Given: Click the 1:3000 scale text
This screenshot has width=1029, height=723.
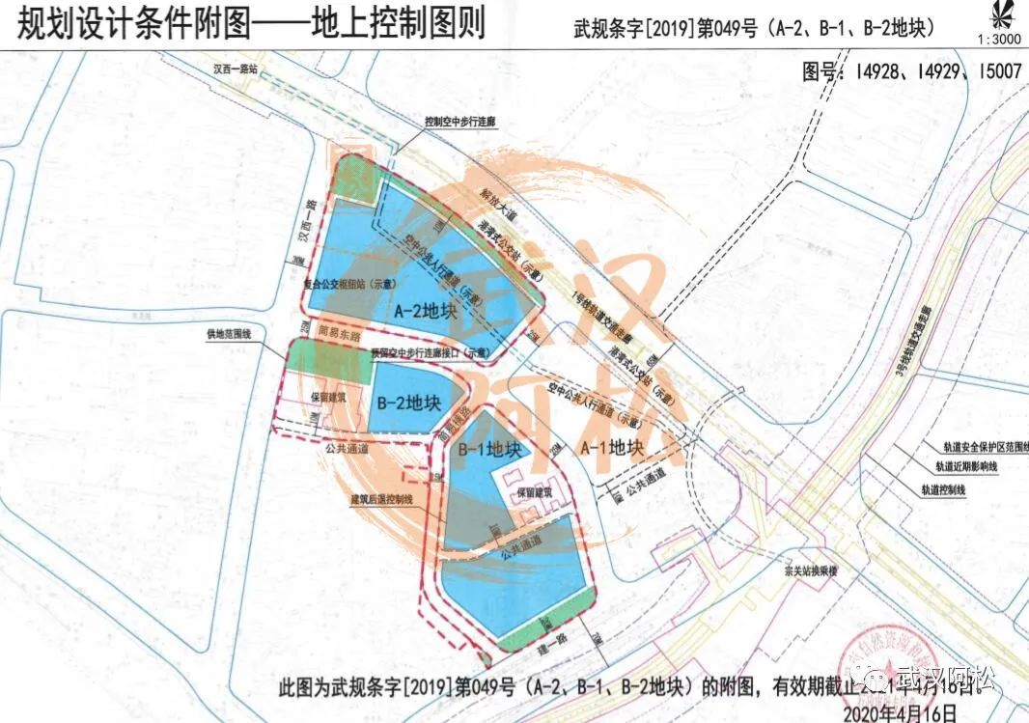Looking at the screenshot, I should pyautogui.click(x=998, y=40).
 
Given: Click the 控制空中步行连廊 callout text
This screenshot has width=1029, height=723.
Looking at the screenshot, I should pyautogui.click(x=461, y=123).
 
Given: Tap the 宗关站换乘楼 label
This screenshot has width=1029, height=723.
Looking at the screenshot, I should pyautogui.click(x=813, y=570).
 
